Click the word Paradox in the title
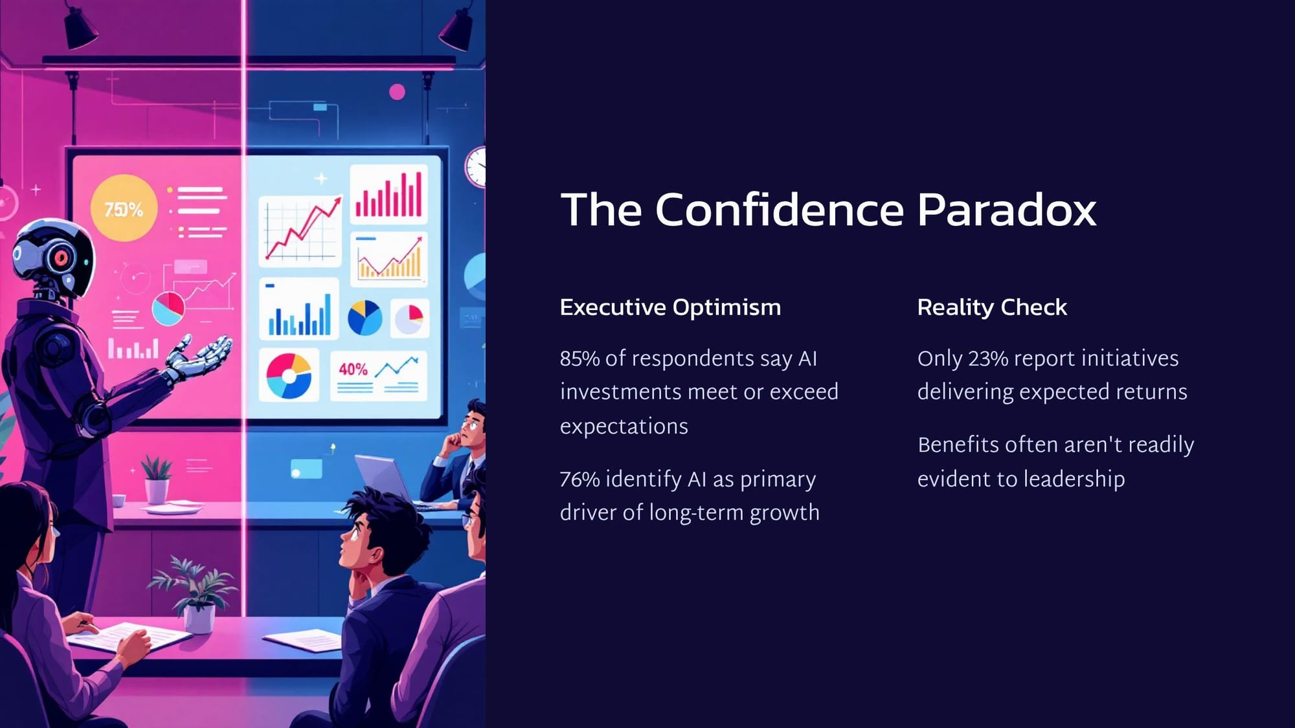point(1006,210)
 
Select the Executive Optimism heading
point(670,307)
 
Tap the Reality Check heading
point(992,307)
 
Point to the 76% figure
point(580,479)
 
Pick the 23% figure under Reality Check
point(988,358)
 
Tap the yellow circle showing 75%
point(124,208)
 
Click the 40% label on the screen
point(353,369)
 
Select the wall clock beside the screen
point(476,167)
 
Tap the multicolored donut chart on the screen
point(289,376)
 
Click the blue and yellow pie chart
point(365,318)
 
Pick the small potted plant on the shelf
point(157,480)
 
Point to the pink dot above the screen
point(397,92)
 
